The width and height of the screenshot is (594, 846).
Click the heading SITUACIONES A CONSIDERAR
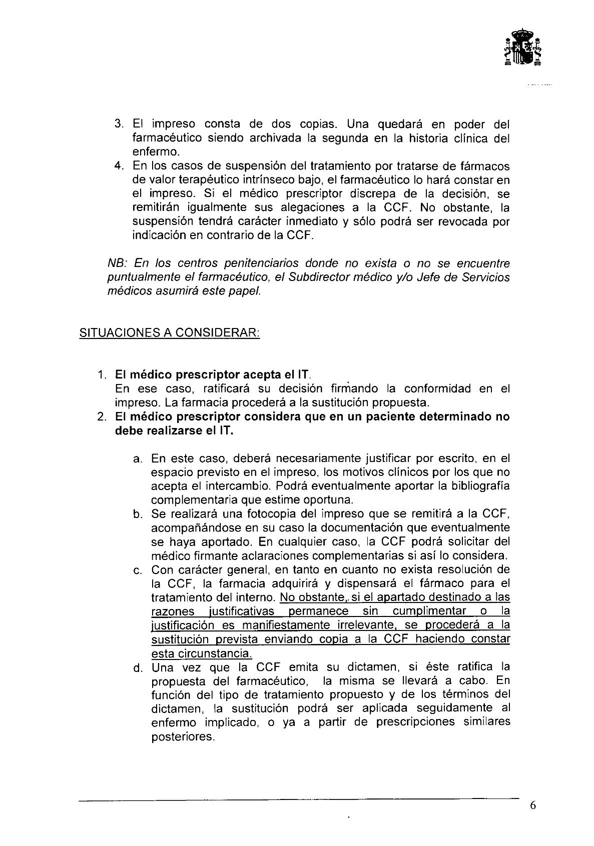pyautogui.click(x=170, y=333)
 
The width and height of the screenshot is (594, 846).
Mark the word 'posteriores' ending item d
pyautogui.click(x=182, y=737)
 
